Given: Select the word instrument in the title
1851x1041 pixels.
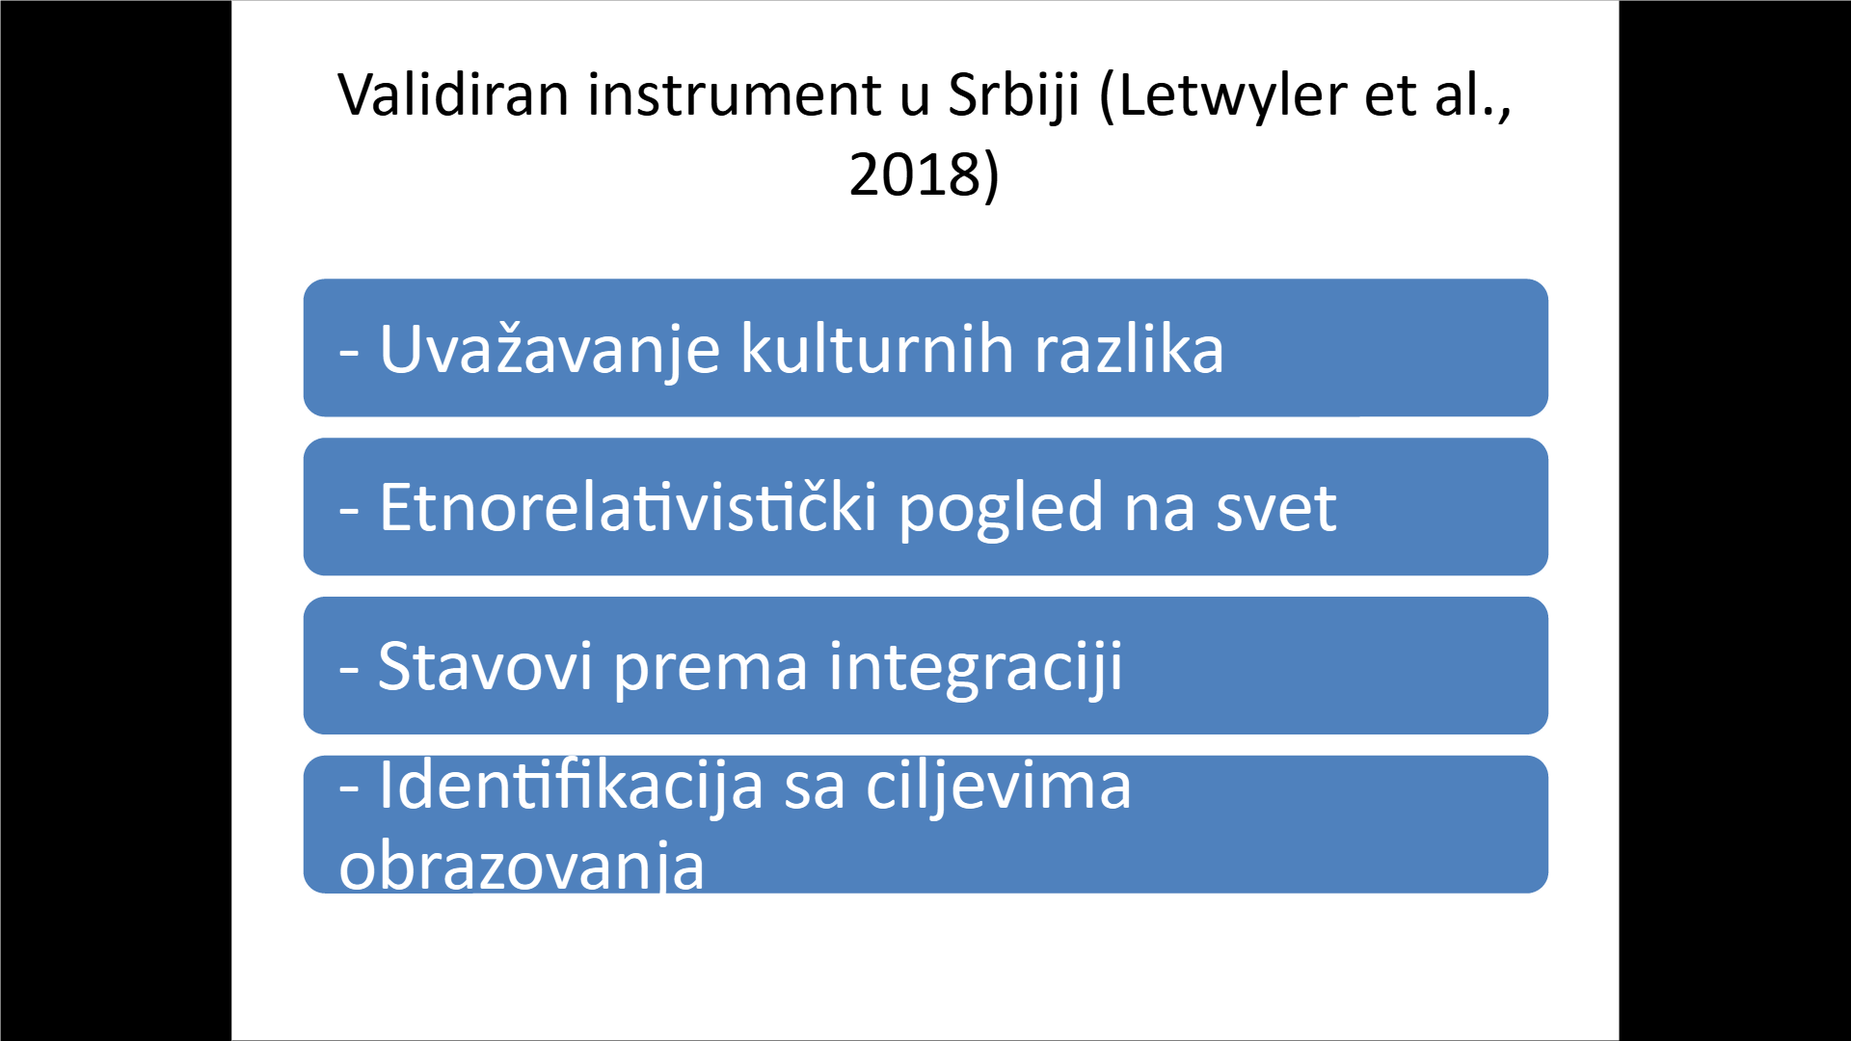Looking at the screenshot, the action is click(x=735, y=94).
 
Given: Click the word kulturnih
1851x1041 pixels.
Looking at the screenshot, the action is click(x=876, y=348).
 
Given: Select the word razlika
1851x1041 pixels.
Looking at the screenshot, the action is click(x=1129, y=348).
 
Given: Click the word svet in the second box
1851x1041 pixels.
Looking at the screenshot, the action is click(x=1276, y=508).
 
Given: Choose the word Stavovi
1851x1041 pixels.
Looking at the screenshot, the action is click(x=485, y=666).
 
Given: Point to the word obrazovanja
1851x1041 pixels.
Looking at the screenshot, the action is click(x=522, y=866).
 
